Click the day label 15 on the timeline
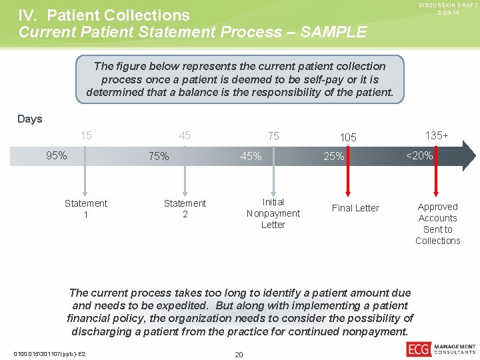pos(86,136)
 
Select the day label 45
pos(185,136)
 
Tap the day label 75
pos(273,136)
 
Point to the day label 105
pos(348,137)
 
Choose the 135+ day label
pos(437,135)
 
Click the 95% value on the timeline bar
pos(56,156)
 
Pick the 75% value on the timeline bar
pos(159,157)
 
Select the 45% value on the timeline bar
pos(251,157)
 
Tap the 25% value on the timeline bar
pos(334,157)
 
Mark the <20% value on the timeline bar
pos(420,156)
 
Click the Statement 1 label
pos(86,209)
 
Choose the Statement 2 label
pos(185,209)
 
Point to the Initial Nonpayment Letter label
pos(273,213)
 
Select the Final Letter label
pos(355,208)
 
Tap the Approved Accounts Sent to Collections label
pos(437,223)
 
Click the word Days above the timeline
pos(30,119)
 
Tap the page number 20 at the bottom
pos(239,354)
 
